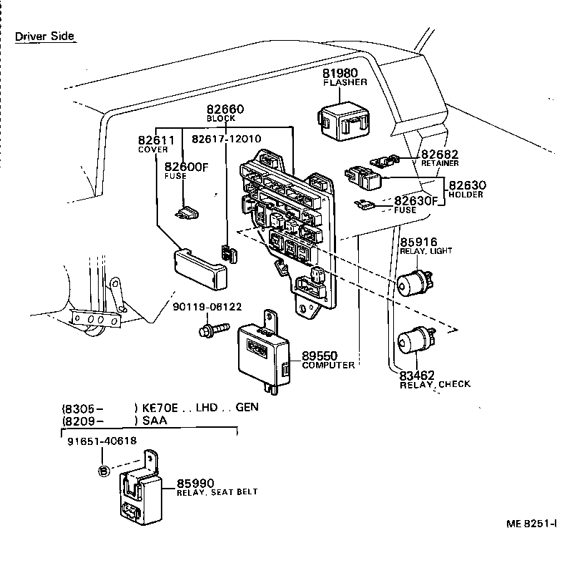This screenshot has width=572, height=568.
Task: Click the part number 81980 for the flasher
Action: click(x=343, y=73)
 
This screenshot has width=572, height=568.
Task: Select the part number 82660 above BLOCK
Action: click(x=225, y=109)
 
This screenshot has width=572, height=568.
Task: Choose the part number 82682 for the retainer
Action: click(x=439, y=155)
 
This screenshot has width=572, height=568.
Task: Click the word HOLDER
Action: click(x=465, y=194)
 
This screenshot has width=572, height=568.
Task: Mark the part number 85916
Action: click(x=418, y=243)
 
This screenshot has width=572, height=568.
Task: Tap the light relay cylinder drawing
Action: click(x=413, y=280)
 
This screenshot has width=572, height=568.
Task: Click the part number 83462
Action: click(x=417, y=375)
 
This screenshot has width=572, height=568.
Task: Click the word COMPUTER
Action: click(x=328, y=366)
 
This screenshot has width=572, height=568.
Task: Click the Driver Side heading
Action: click(x=44, y=36)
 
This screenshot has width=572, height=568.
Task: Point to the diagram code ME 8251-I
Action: click(x=532, y=524)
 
